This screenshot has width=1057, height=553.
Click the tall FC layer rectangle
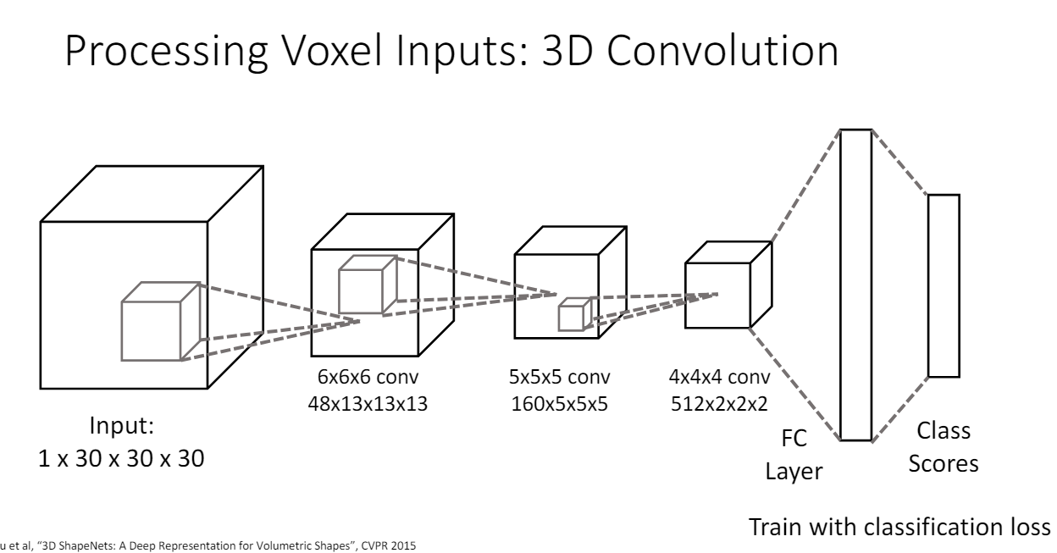(x=855, y=285)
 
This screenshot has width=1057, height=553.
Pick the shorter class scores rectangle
(x=944, y=285)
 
